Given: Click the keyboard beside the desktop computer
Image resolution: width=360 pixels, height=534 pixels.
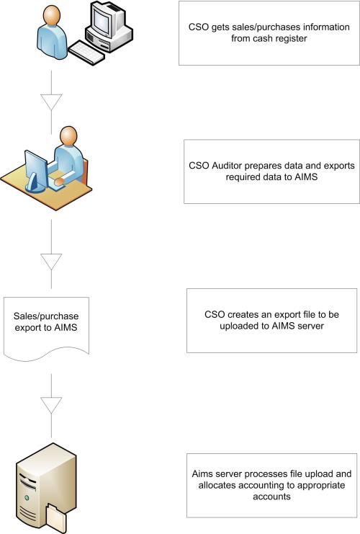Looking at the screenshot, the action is coord(87,52).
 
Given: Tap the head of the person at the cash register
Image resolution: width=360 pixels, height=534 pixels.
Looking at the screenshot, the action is coord(52,14).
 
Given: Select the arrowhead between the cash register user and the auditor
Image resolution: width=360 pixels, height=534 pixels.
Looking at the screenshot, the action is coord(51,102).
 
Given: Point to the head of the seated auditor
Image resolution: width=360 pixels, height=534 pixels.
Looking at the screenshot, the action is coord(68,136).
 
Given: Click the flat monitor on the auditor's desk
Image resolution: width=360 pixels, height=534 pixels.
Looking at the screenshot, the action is coord(35,171).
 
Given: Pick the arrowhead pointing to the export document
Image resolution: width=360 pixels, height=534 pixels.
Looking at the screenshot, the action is coord(51,262).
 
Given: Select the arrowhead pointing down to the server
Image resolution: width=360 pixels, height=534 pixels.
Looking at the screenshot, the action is coord(51,405).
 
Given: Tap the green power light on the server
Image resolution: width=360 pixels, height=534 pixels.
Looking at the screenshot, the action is coord(27,498).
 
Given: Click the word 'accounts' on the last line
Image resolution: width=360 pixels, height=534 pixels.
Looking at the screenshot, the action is coord(271,497).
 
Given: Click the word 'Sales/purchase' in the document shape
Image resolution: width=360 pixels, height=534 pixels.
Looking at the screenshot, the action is coord(46,316).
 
